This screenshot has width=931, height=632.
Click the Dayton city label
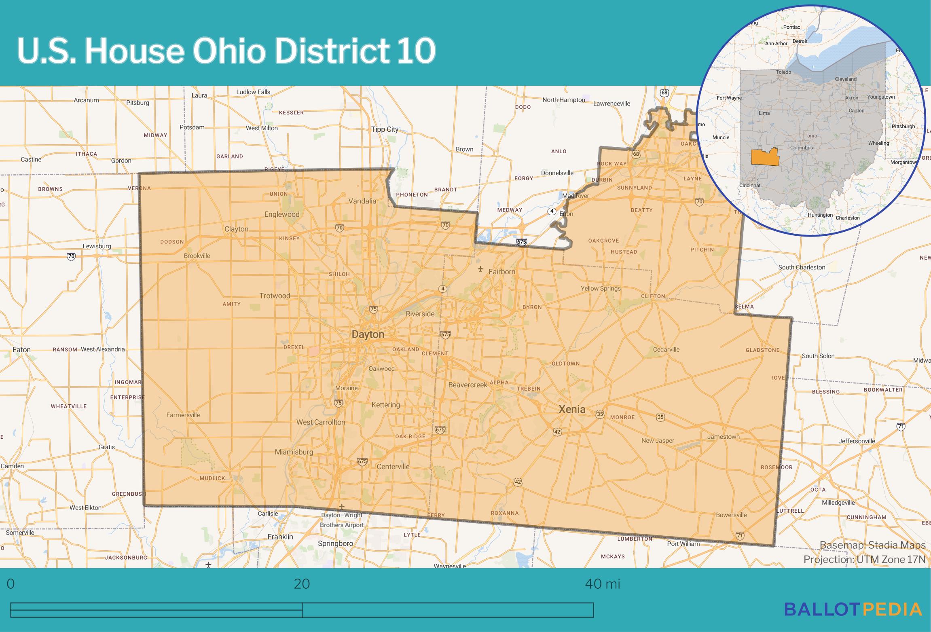click(368, 334)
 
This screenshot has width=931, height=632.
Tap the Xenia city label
click(572, 409)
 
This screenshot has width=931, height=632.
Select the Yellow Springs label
click(600, 288)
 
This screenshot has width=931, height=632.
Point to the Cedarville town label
click(666, 349)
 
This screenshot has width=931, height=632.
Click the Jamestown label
click(723, 437)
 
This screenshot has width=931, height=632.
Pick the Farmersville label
click(183, 415)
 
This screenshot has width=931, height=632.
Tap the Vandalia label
click(362, 201)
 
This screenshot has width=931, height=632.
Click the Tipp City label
click(385, 129)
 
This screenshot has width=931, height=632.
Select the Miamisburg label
click(294, 452)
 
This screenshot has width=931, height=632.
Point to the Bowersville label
click(731, 515)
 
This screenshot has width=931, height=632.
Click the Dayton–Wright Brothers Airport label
click(342, 520)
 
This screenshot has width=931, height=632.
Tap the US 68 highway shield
click(664, 93)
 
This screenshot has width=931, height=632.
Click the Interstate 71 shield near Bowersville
click(740, 535)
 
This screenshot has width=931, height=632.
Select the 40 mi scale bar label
click(602, 584)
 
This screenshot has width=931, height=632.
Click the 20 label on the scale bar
click(302, 584)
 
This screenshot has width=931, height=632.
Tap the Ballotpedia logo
click(853, 609)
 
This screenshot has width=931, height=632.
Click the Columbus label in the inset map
click(801, 148)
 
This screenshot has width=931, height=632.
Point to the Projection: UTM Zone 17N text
click(864, 560)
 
